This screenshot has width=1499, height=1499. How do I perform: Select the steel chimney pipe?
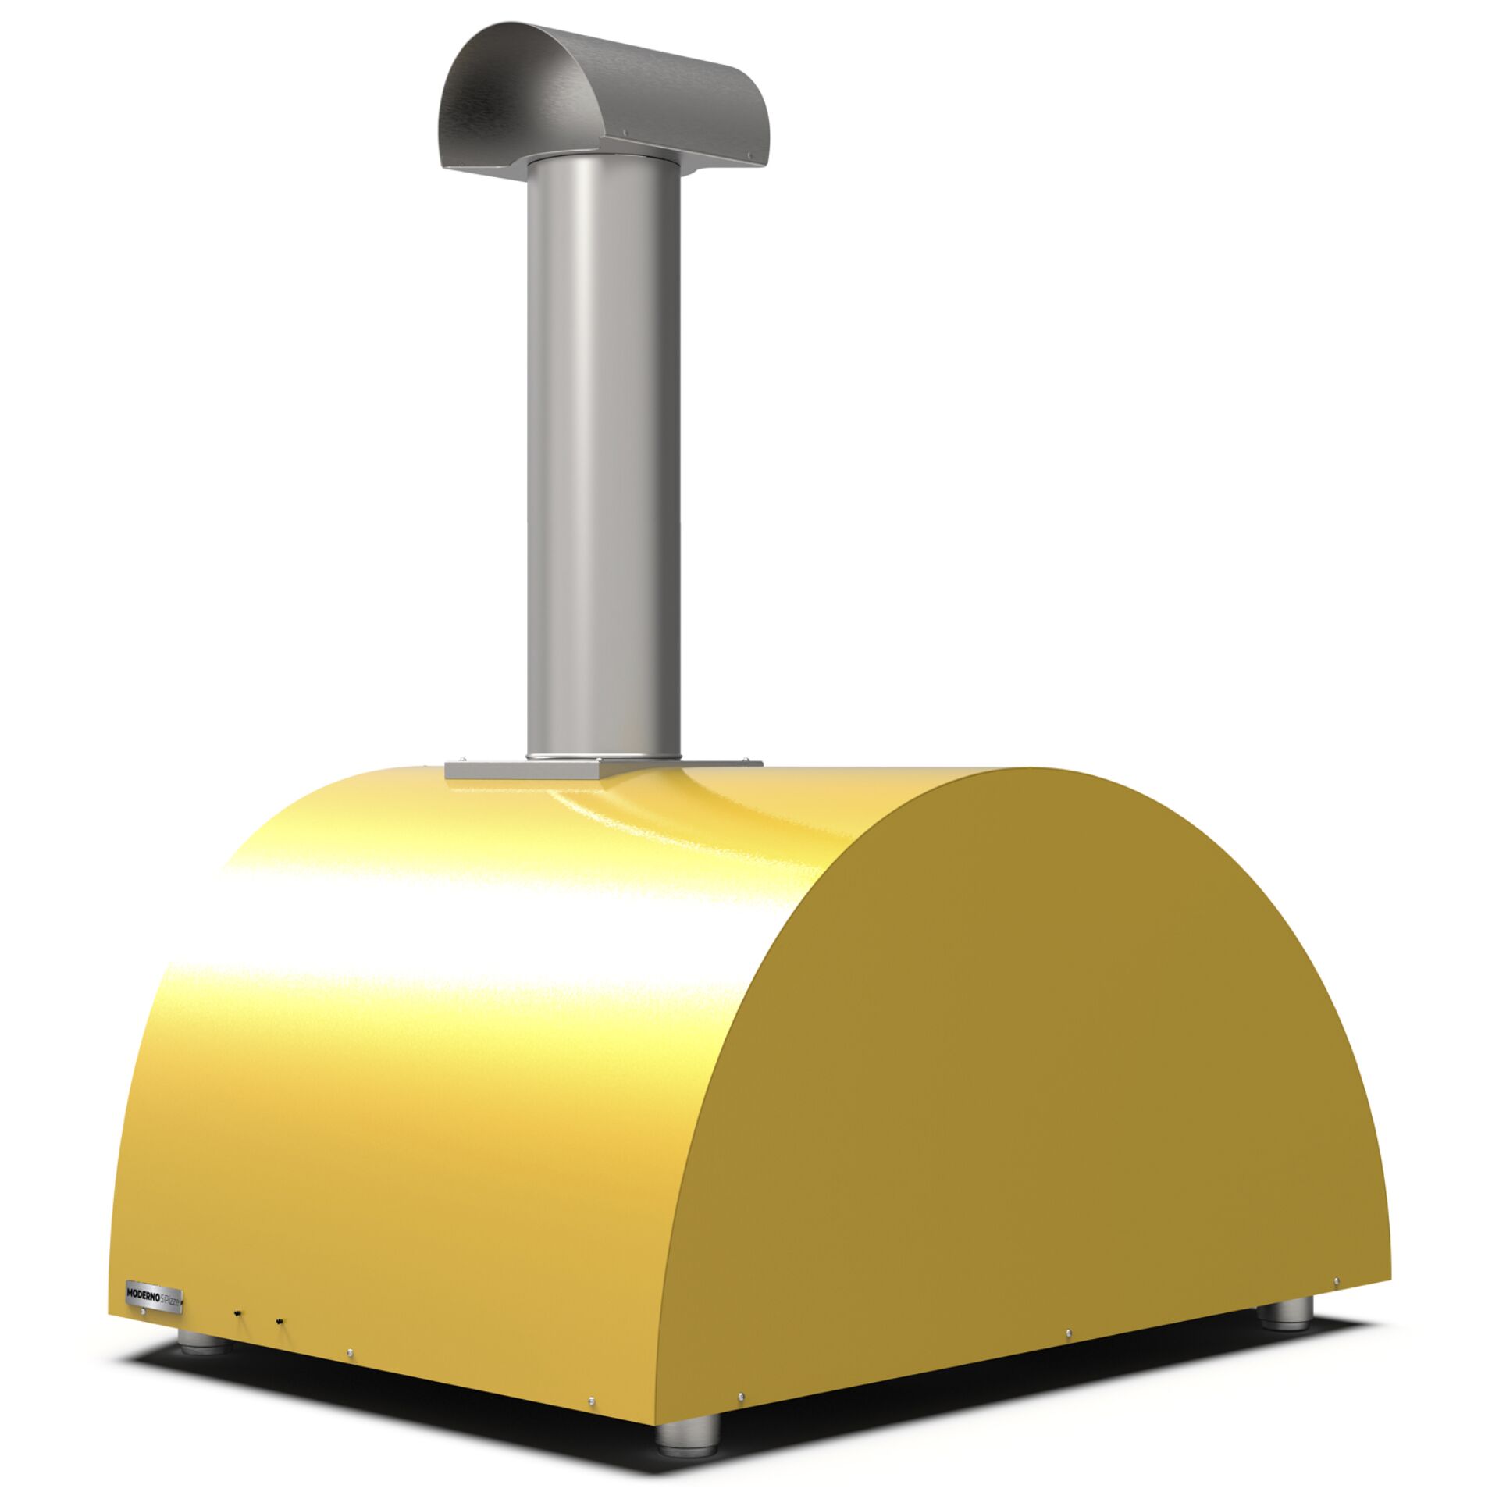603,453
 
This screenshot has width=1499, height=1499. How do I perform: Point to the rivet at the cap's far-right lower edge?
752,164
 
